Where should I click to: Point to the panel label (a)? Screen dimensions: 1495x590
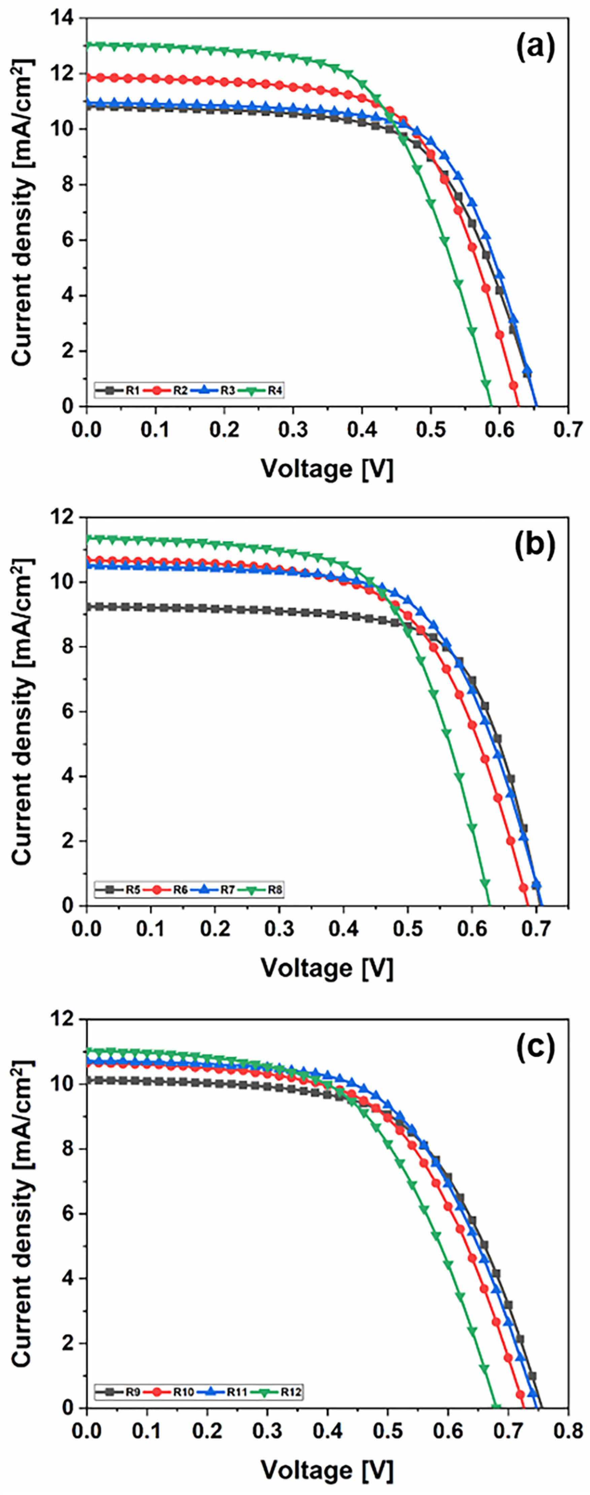click(535, 47)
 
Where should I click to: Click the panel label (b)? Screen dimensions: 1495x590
click(535, 546)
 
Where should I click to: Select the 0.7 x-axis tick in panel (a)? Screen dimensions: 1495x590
click(567, 430)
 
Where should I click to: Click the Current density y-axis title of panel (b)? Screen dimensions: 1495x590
click(22, 712)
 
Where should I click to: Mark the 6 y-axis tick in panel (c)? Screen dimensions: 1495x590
click(68, 1214)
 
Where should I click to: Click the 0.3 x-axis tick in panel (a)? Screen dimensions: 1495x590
click(293, 430)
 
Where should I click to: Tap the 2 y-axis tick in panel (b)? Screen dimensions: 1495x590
click(68, 841)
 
